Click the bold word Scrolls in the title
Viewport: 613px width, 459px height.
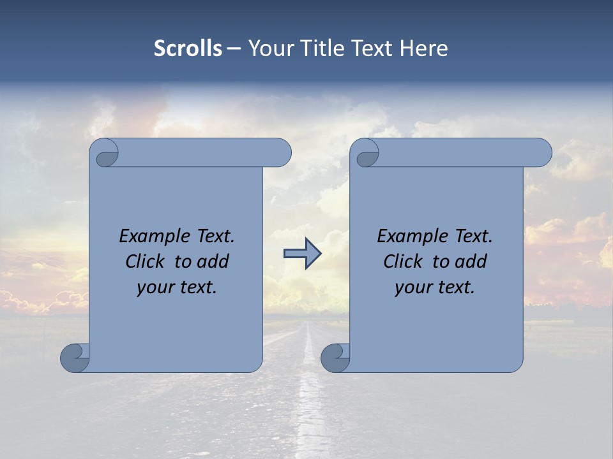point(188,48)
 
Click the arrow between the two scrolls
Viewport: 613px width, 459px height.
point(302,254)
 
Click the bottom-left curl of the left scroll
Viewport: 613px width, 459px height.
point(75,357)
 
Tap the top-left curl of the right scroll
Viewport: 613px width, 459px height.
point(367,154)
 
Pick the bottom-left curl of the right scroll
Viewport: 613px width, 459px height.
point(335,357)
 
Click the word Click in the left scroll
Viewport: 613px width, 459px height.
point(144,261)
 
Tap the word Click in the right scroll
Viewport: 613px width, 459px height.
point(402,261)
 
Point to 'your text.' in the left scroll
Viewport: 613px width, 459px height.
point(177,288)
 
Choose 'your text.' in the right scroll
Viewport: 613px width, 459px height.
point(435,288)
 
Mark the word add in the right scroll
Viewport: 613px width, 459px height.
point(471,261)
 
